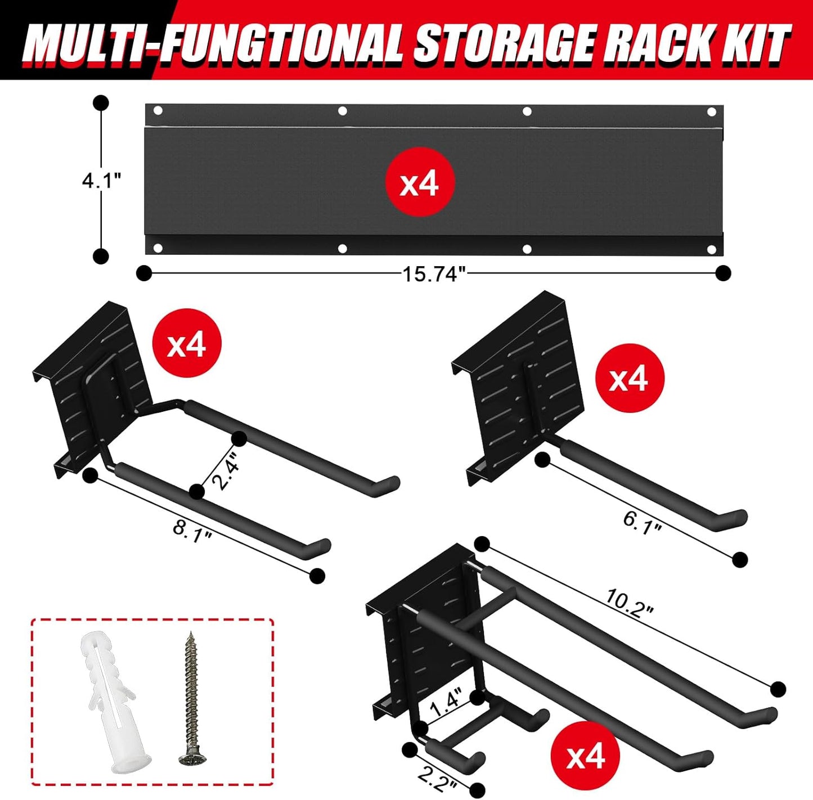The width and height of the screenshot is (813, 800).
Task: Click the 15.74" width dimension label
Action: click(x=434, y=274)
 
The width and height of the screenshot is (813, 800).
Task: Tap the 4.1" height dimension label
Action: click(x=102, y=181)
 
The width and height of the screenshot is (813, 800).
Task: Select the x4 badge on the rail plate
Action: click(x=419, y=183)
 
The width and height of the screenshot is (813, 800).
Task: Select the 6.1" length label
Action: click(x=641, y=522)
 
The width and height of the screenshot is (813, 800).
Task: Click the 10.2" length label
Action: click(x=630, y=604)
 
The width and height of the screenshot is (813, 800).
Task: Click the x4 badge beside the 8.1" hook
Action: click(x=187, y=344)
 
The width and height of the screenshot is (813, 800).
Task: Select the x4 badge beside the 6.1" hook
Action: click(x=629, y=379)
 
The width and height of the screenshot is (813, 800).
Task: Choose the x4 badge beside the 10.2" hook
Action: click(x=585, y=756)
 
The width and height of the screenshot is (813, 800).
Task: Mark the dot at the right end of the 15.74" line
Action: click(x=723, y=273)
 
